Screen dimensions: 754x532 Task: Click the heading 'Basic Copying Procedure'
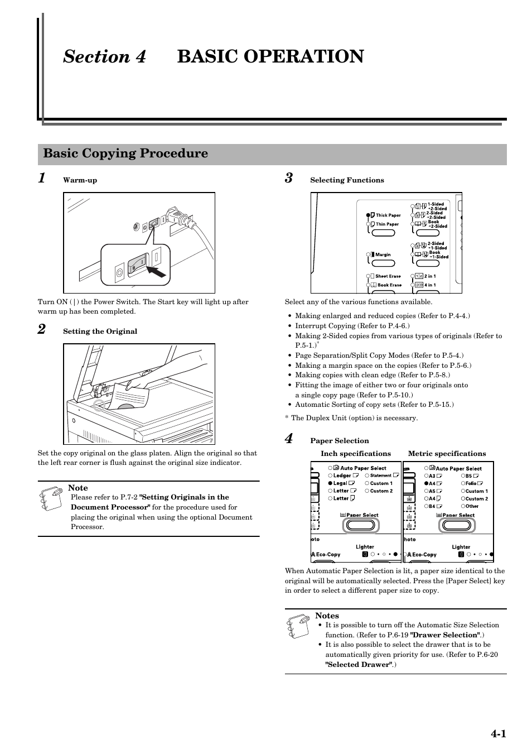point(125,153)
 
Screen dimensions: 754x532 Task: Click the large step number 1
point(42,178)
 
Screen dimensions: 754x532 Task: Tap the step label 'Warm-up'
point(80,180)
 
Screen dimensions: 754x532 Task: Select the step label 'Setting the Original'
point(100,332)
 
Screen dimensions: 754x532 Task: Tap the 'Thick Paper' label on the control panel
point(388,215)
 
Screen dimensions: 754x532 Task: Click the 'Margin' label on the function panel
point(383,254)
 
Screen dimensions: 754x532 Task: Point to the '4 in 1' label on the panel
point(430,285)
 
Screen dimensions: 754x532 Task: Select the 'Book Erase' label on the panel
point(389,285)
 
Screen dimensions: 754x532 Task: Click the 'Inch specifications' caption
point(355,454)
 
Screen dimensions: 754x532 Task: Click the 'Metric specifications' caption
point(447,454)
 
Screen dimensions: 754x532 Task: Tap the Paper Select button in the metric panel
point(457,525)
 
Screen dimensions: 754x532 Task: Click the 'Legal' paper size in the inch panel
point(340,483)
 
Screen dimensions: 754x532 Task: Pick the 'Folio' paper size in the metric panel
point(471,483)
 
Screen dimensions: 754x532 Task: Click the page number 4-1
point(498,734)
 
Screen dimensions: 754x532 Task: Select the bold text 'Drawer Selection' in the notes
point(444,635)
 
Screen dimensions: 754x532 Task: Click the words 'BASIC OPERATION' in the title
point(270,56)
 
